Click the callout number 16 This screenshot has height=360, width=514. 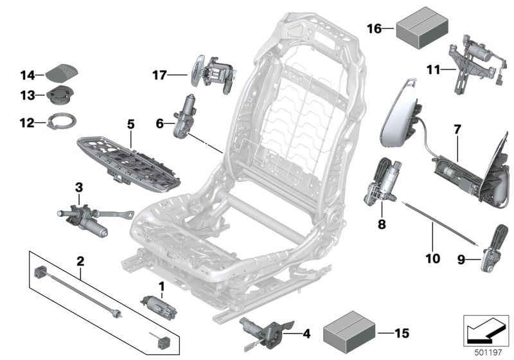click(374, 28)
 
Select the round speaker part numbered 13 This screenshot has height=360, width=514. click(60, 96)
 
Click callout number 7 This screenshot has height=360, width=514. click(457, 130)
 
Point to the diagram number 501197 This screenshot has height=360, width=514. click(486, 352)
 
